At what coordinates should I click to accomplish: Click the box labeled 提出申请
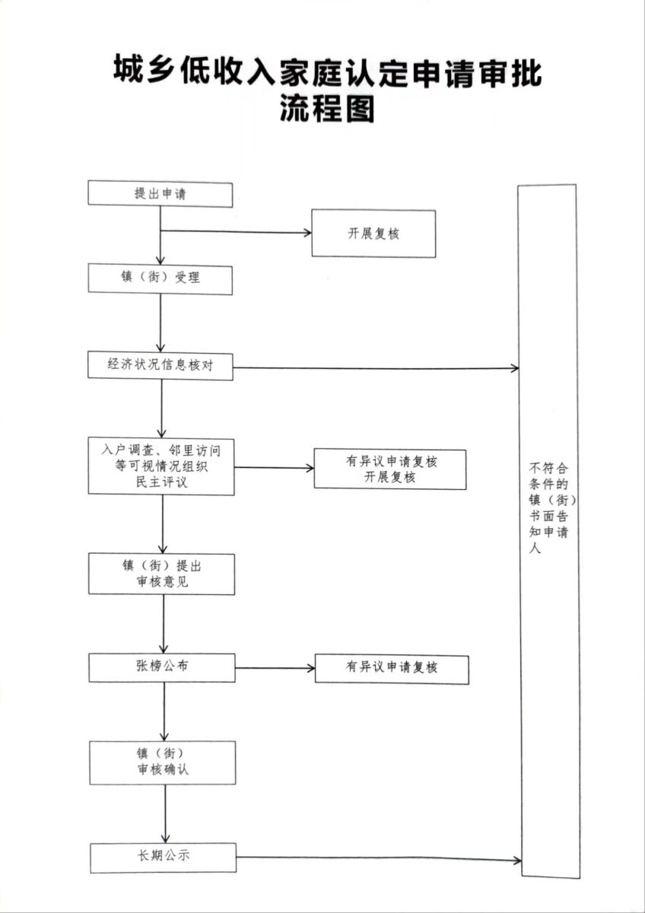coord(160,194)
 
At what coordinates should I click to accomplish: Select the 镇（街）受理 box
coord(160,278)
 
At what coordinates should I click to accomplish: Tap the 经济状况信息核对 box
coord(160,366)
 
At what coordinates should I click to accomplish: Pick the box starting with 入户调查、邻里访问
coord(160,466)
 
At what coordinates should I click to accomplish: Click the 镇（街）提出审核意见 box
coord(161,574)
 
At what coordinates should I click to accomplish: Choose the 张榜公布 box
coord(162,667)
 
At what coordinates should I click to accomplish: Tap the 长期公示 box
coord(163,857)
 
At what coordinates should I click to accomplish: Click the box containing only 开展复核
coord(373,234)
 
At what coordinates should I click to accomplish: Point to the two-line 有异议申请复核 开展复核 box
coord(390,469)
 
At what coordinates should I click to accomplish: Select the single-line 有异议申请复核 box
coord(392,668)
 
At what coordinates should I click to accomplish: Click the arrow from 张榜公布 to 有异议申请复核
coord(275,668)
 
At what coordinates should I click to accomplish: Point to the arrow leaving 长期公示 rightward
coord(379,860)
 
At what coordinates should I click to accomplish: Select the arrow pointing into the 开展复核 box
coord(236,231)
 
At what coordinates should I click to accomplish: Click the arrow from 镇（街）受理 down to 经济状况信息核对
coord(160,323)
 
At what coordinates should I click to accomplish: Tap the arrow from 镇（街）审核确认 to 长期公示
coord(165,813)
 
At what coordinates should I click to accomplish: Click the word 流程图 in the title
coord(328,109)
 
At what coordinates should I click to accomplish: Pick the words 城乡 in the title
coord(145,74)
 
